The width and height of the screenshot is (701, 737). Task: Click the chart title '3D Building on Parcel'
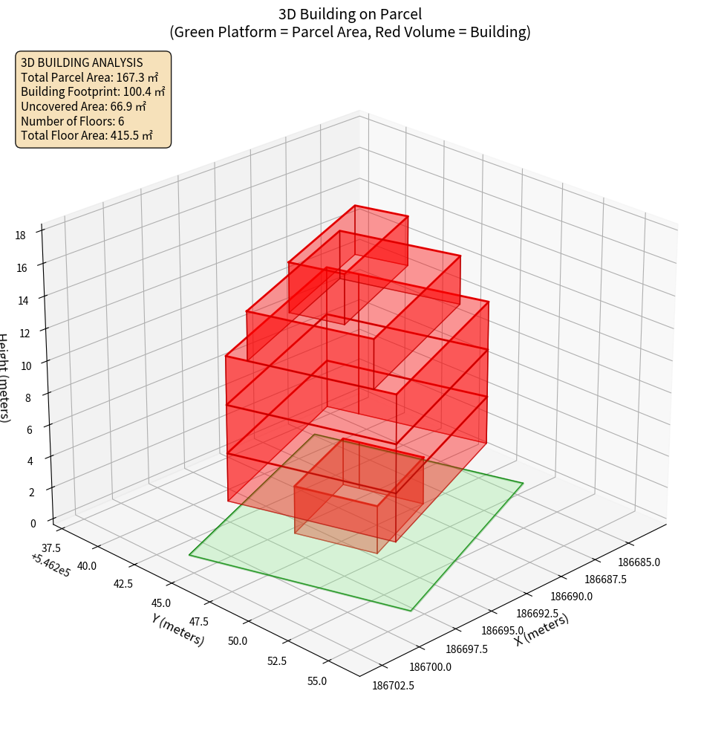[x=350, y=13]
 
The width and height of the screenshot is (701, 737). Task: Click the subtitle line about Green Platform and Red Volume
[x=350, y=32]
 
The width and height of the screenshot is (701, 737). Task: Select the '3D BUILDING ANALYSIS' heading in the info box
[x=82, y=62]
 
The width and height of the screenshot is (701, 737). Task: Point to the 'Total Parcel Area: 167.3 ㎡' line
[x=90, y=77]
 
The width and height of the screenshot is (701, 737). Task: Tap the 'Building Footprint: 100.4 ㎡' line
[x=93, y=91]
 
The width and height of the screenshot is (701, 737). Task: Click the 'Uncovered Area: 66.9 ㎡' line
[x=83, y=106]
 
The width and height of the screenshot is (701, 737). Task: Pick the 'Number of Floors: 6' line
[x=73, y=120]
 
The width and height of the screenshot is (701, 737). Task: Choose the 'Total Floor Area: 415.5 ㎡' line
[x=87, y=135]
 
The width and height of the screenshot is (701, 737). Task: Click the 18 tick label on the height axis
[x=21, y=235]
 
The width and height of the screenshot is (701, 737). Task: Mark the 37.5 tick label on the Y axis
[x=51, y=548]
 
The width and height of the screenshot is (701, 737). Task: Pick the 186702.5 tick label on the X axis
[x=393, y=685]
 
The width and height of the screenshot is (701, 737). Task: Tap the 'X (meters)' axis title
[x=541, y=629]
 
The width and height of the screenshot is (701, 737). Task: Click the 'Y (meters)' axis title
[x=177, y=629]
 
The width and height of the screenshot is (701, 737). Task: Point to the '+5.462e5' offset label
[x=50, y=565]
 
